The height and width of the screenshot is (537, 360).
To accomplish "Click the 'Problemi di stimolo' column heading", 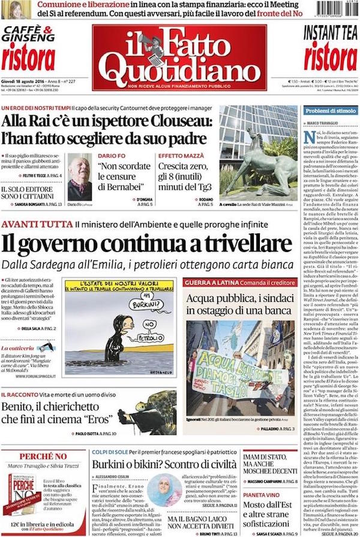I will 329,110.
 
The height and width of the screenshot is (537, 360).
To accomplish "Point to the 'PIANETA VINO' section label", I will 262,495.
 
